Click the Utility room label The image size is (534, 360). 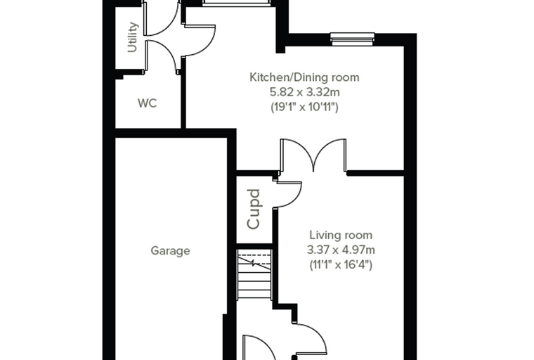coord(133,37)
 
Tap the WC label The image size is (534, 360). coord(147,103)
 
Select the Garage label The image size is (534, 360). coord(170,251)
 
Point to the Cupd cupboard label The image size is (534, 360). coord(254,209)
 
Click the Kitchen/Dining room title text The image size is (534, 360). coord(304,77)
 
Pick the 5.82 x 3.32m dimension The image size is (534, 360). coord(305,92)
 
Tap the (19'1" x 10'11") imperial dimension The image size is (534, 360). coord(304,107)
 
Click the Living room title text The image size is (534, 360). coord(341,235)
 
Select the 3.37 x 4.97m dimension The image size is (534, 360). coord(341,250)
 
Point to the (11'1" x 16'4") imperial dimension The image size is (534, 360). coord(341,265)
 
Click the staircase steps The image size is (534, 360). coord(254,274)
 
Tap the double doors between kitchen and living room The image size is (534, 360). coord(313,155)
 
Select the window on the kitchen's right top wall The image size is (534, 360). coord(353,39)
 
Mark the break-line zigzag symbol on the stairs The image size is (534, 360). coord(254,263)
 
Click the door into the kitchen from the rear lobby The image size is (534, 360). coord(200,40)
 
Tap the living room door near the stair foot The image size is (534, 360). coord(311,337)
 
